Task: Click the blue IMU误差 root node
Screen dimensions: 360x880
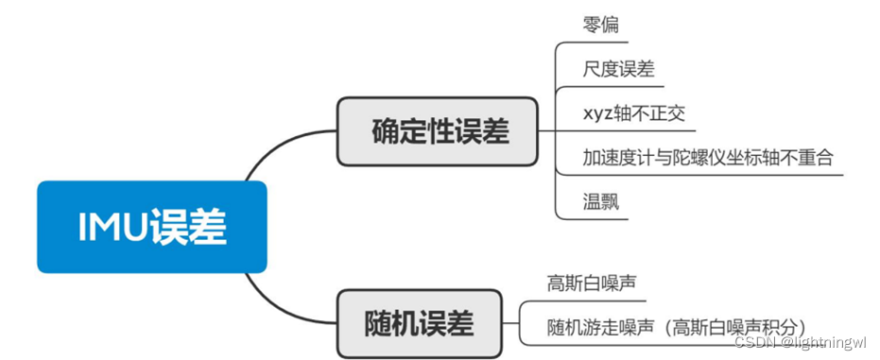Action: pyautogui.click(x=151, y=227)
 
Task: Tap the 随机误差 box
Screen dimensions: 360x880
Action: pyautogui.click(x=418, y=323)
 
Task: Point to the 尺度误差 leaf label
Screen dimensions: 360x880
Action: pyautogui.click(x=619, y=69)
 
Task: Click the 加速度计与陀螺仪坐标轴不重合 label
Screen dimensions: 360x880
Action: pyautogui.click(x=709, y=157)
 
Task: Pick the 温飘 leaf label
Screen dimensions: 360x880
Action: pyautogui.click(x=601, y=200)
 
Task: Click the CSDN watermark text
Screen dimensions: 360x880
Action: pyautogui.click(x=755, y=343)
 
